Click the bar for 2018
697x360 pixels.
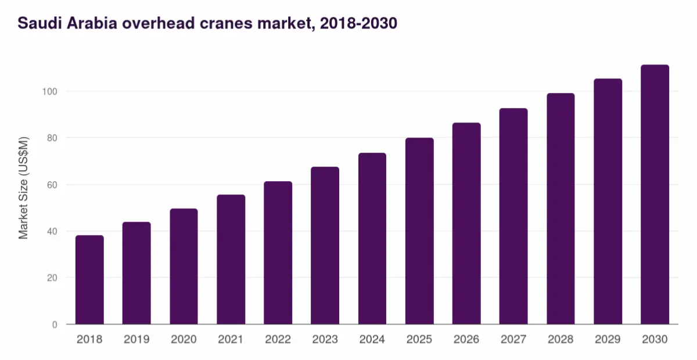pyautogui.click(x=89, y=280)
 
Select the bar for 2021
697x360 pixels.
pyautogui.click(x=231, y=260)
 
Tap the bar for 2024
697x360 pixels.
pyautogui.click(x=372, y=239)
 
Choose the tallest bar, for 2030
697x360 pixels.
pyautogui.click(x=655, y=195)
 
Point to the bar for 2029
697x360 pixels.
pyautogui.click(x=608, y=201)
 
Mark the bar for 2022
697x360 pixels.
pyautogui.click(x=278, y=253)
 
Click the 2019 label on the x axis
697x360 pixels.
pyautogui.click(x=136, y=340)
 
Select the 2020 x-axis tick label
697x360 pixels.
pyautogui.click(x=184, y=340)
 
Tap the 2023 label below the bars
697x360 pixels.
pyautogui.click(x=325, y=340)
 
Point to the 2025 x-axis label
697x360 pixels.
pyautogui.click(x=419, y=340)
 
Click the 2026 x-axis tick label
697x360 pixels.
pyautogui.click(x=466, y=340)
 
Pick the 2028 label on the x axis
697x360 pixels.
pyautogui.click(x=561, y=340)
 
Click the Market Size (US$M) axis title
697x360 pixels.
pyautogui.click(x=23, y=188)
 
